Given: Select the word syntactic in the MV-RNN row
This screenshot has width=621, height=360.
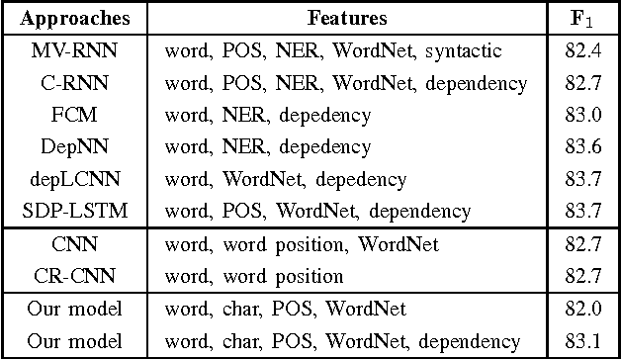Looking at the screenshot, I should [466, 50].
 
